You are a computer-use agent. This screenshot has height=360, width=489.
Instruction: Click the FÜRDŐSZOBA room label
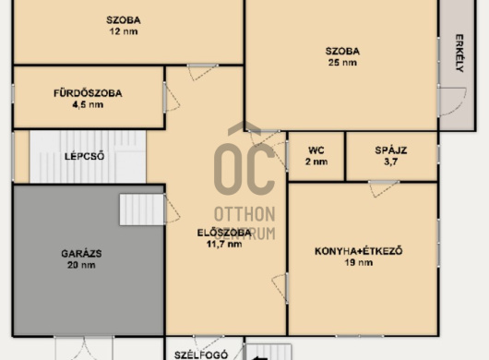coord(88,93)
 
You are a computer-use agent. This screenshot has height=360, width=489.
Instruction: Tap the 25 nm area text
coord(342,63)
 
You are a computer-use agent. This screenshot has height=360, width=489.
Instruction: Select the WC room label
coord(316,150)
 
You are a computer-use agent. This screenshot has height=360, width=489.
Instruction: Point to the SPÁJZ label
coord(391,150)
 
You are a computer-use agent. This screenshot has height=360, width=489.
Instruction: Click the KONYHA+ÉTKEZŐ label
coord(359,251)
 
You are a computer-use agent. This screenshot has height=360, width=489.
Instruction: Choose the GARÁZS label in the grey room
coord(81,253)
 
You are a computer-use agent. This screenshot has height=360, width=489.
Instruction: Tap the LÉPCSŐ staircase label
coord(84,156)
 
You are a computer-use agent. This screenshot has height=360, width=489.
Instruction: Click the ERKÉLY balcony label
coord(459,53)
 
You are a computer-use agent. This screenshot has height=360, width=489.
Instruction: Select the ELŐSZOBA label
coord(224,233)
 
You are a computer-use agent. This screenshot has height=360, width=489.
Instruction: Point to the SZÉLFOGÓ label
coord(201,355)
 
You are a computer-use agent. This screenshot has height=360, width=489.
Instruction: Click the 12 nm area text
coord(124,31)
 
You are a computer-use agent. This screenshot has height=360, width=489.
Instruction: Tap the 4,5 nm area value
coord(88,104)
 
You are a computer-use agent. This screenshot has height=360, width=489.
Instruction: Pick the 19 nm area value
coord(359,262)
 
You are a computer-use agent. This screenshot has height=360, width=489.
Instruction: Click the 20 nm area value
coord(81,265)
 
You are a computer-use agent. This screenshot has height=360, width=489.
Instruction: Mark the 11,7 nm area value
coord(224,244)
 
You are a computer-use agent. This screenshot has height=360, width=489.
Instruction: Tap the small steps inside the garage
coord(142,210)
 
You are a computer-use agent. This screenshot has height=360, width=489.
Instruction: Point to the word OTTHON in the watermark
coord(244,214)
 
